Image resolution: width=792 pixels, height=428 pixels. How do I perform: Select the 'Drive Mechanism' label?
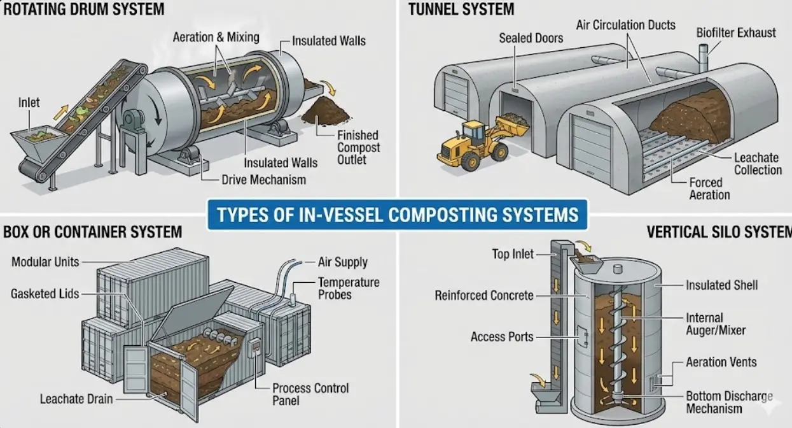coord(263,180)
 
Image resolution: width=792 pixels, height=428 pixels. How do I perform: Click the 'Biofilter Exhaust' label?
coord(736,32)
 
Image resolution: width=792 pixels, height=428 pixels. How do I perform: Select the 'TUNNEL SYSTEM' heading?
coord(461,9)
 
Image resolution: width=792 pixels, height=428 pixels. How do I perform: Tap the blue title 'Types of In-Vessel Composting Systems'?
coord(398,214)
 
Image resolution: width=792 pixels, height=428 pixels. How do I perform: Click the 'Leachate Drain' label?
coord(76,399)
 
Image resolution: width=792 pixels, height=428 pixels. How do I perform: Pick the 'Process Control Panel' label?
coord(310,394)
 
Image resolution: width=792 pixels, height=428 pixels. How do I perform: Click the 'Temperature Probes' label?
coord(349,288)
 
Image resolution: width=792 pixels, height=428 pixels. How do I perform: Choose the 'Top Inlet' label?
coord(512,254)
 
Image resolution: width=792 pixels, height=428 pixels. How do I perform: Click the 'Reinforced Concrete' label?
coord(484,296)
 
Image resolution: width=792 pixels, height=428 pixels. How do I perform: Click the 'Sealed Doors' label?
coord(531,38)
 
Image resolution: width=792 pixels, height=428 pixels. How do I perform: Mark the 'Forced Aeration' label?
coord(709,189)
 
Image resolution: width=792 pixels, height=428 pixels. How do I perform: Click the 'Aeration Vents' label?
coord(721,362)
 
